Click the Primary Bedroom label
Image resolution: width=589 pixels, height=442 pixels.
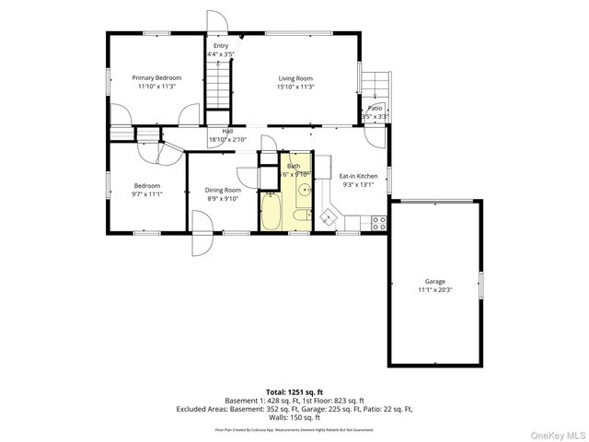pyautogui.click(x=156, y=78)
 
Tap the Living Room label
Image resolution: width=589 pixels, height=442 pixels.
pyautogui.click(x=296, y=78)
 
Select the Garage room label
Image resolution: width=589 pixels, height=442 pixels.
pyautogui.click(x=434, y=282)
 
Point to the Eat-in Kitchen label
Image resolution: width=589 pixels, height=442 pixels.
pyautogui.click(x=358, y=175)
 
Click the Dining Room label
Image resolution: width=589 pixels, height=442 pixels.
pyautogui.click(x=222, y=190)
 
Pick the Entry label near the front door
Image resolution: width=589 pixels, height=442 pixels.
pyautogui.click(x=221, y=46)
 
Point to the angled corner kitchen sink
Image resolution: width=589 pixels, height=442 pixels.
pyautogui.click(x=327, y=218)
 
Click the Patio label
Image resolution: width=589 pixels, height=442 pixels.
pyautogui.click(x=375, y=109)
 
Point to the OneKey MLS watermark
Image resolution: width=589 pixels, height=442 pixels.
pyautogui.click(x=558, y=434)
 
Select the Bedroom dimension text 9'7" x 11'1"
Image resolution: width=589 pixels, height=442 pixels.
pyautogui.click(x=146, y=194)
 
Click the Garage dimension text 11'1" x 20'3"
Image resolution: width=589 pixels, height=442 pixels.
pyautogui.click(x=434, y=290)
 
